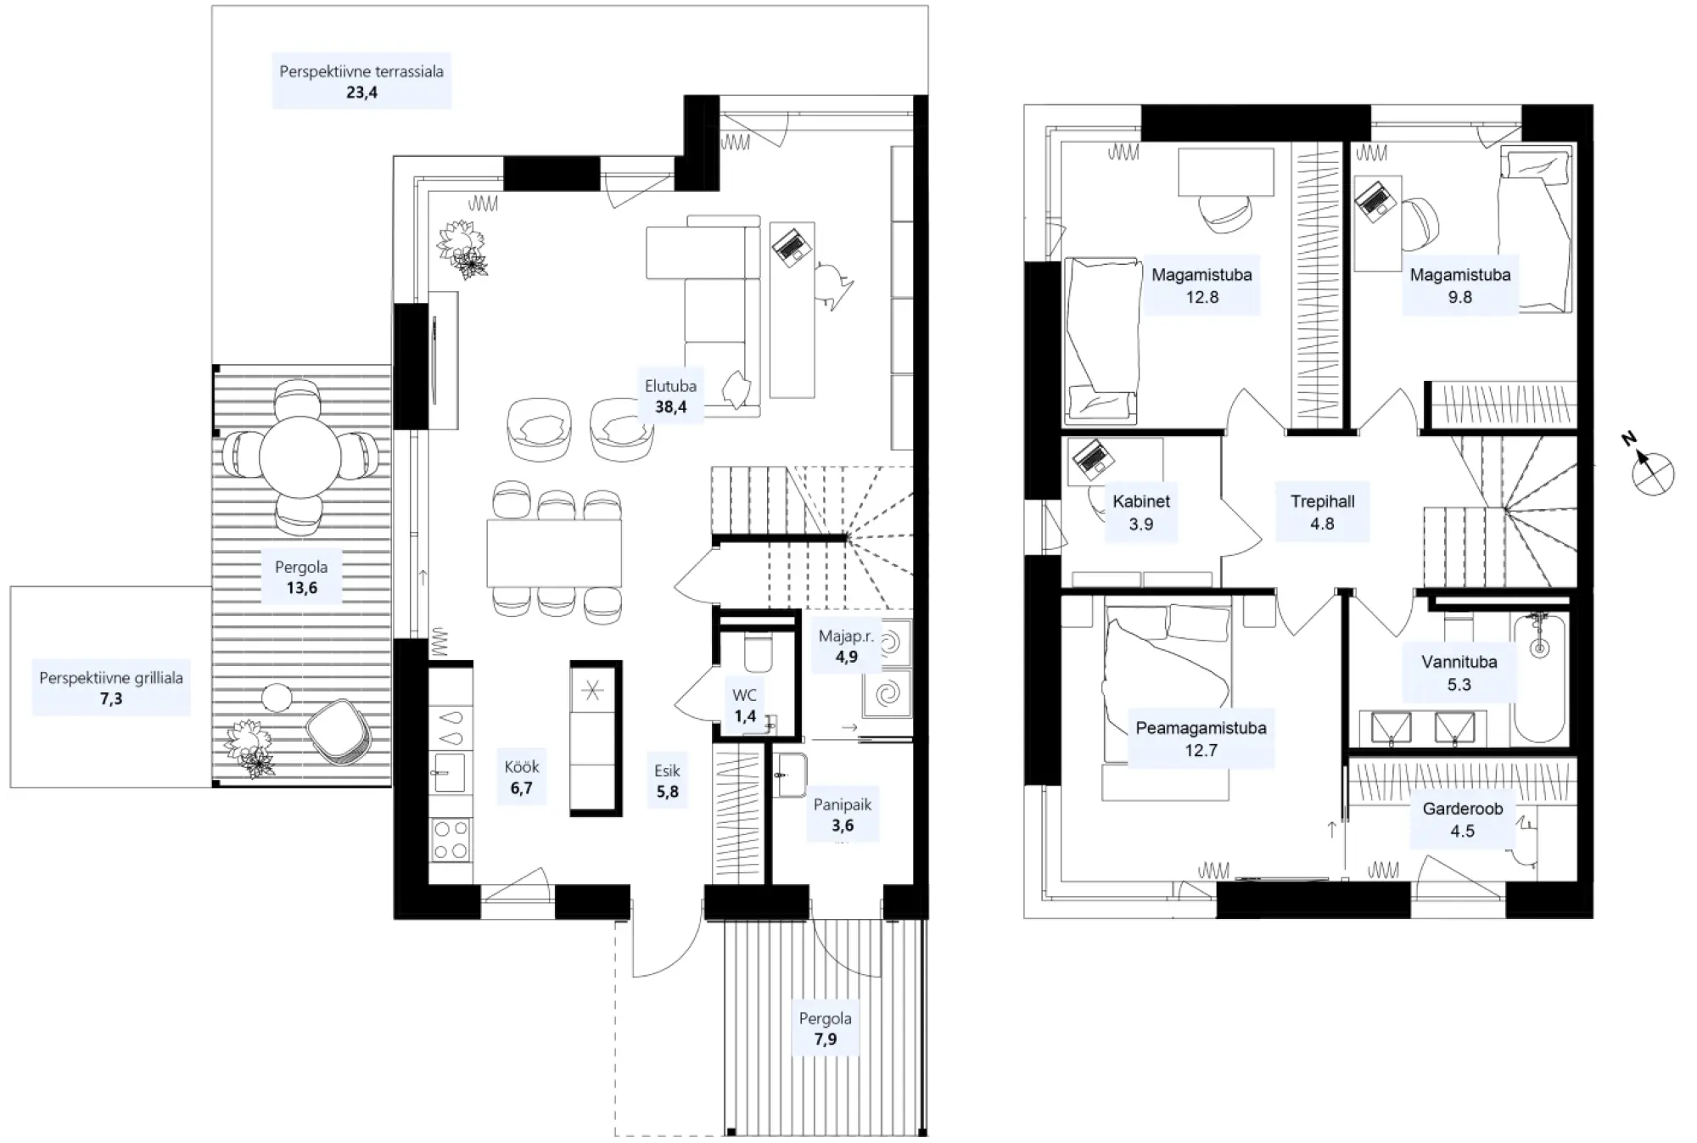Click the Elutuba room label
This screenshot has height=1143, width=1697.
(670, 386)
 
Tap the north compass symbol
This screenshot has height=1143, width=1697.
(1651, 472)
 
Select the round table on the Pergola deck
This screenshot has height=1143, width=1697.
(300, 457)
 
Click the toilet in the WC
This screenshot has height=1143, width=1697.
(757, 654)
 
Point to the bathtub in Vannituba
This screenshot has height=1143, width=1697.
(1540, 678)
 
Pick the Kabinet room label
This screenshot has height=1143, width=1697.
(1141, 501)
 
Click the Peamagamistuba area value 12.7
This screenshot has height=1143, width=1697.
(1201, 750)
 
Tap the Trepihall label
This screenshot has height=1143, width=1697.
(1322, 501)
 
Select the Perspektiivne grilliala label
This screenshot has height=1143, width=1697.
(111, 678)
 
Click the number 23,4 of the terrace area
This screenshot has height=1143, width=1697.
(361, 92)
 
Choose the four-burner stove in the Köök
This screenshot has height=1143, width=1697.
(450, 838)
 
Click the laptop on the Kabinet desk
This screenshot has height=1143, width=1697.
(1090, 459)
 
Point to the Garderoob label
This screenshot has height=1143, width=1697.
(1462, 809)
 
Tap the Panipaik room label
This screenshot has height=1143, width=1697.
(842, 804)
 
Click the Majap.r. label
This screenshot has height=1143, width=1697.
(846, 636)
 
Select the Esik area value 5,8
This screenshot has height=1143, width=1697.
(667, 792)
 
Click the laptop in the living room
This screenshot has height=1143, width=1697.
(792, 247)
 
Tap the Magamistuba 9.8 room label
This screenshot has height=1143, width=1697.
(1459, 275)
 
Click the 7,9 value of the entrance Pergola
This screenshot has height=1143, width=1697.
(825, 1039)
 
